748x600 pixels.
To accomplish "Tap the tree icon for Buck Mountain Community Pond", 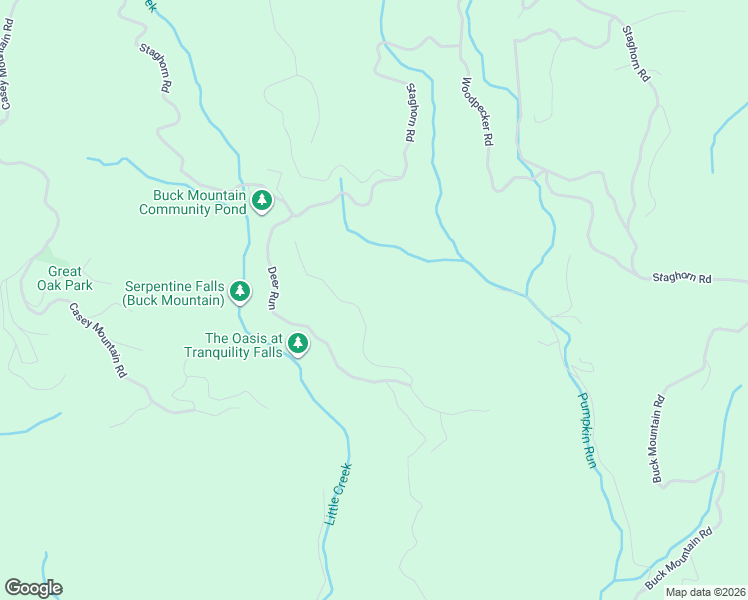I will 262,201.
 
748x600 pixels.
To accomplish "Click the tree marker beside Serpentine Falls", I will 240,291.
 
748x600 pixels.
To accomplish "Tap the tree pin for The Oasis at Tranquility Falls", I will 297,344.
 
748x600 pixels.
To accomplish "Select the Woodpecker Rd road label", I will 476,113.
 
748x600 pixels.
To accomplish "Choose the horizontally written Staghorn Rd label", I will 681,278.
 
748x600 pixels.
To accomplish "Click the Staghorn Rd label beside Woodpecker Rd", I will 409,111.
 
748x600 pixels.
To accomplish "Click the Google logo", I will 33,588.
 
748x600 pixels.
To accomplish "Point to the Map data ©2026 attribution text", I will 705,592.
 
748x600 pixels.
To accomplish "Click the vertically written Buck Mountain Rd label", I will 657,439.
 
